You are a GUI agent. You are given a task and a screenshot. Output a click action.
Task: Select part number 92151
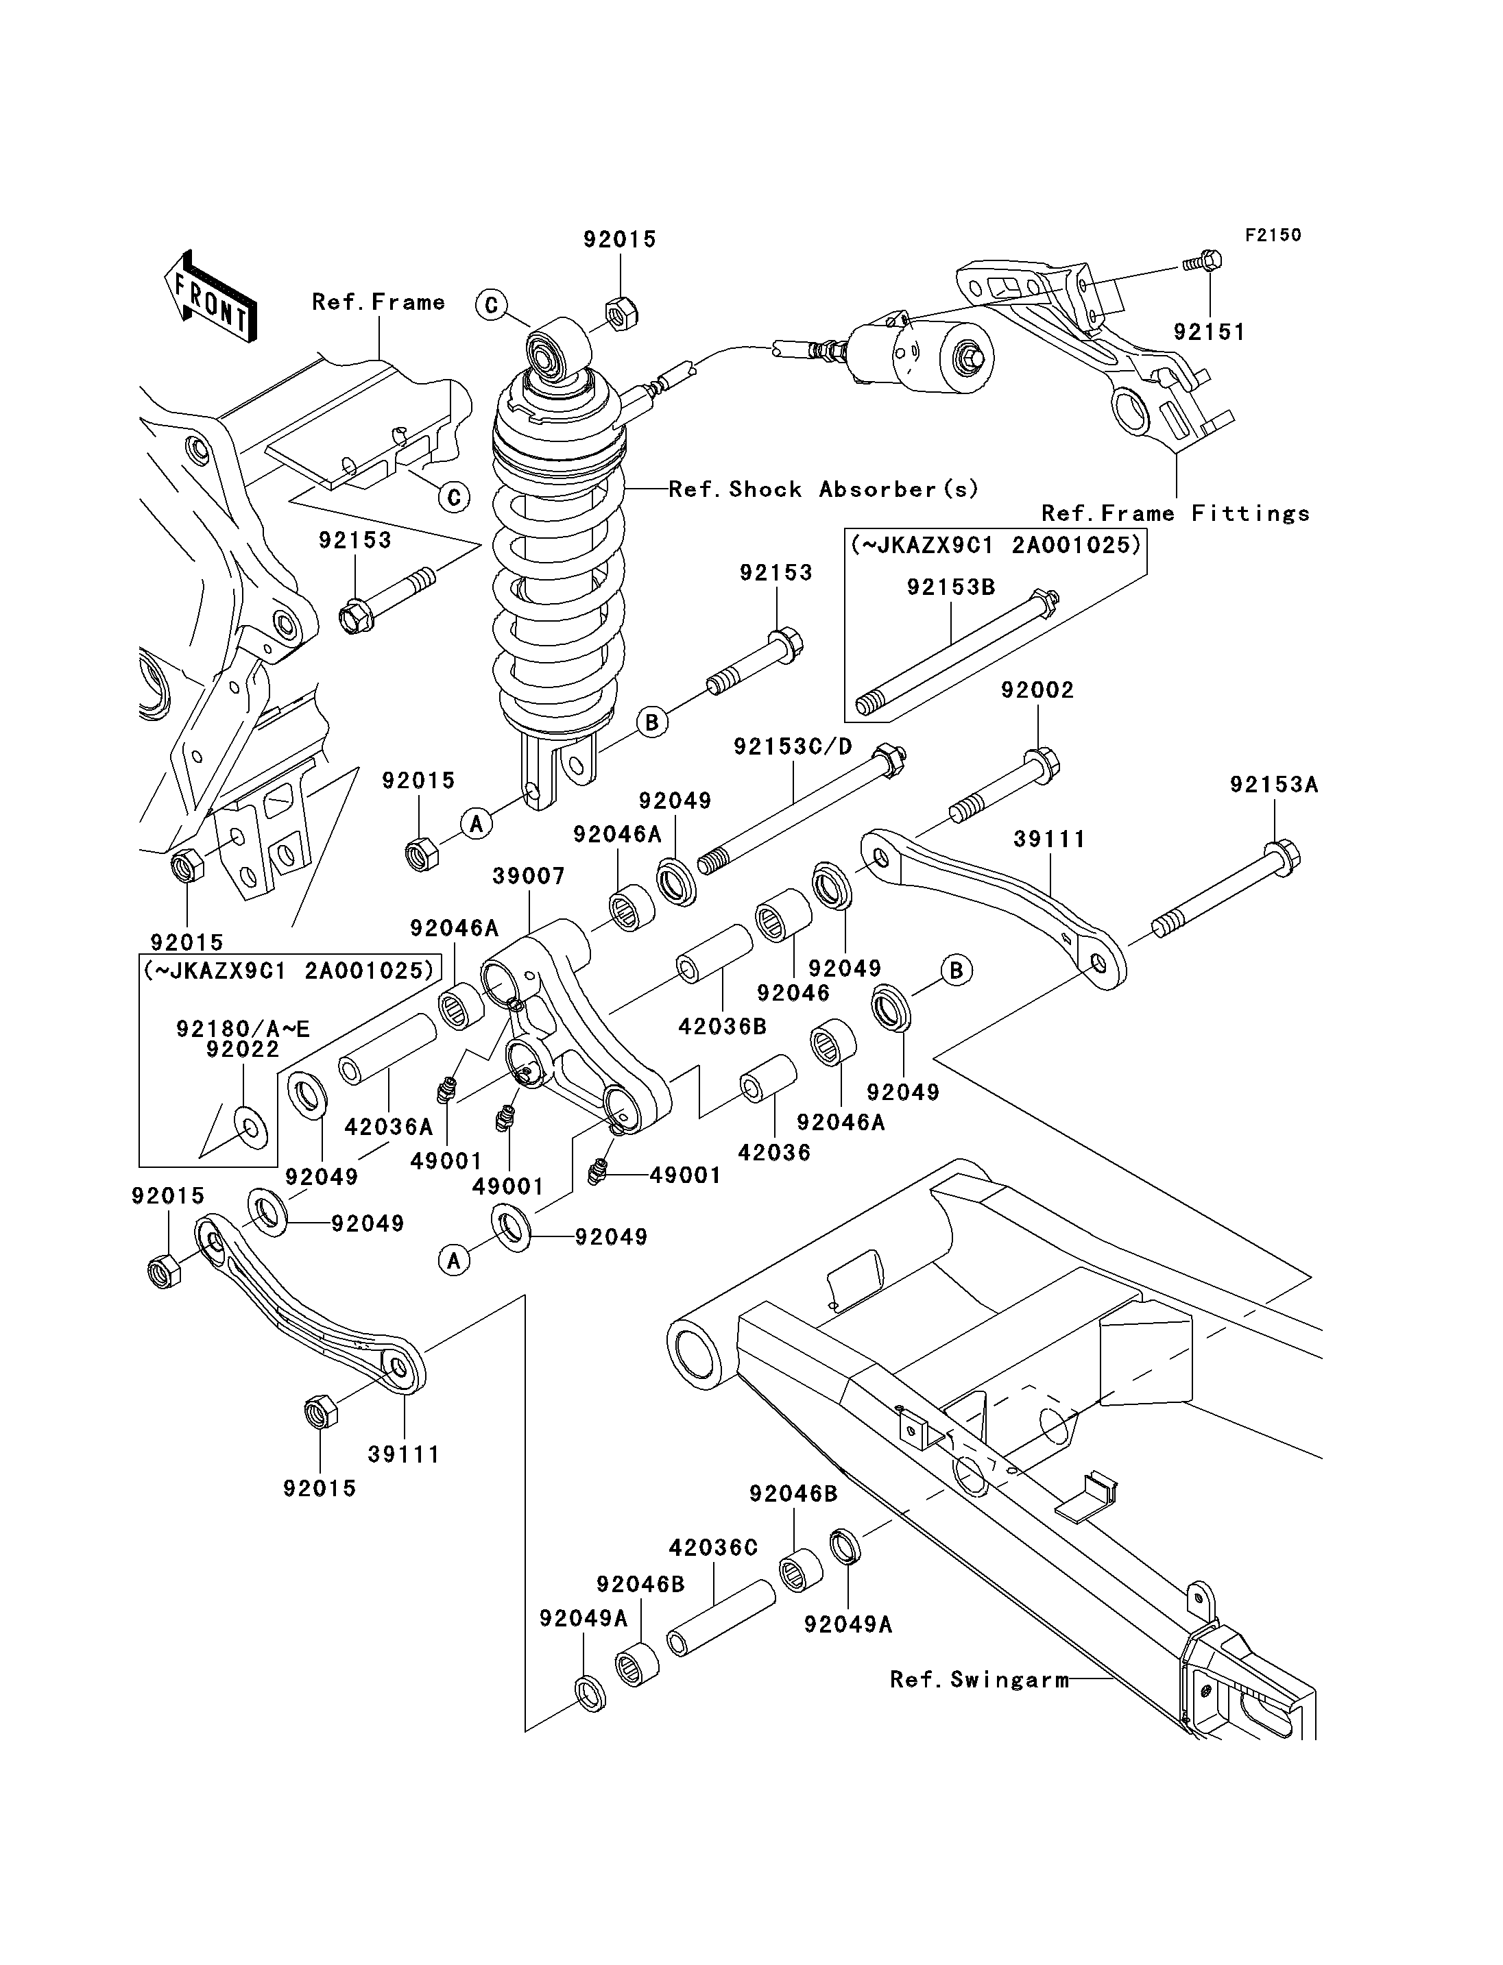point(1209,332)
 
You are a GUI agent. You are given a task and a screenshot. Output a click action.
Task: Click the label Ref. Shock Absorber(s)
point(823,489)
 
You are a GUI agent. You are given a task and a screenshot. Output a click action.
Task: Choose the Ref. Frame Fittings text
point(1175,513)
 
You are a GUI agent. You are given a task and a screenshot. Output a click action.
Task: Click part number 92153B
point(951,587)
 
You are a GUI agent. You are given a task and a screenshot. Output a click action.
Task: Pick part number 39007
point(529,876)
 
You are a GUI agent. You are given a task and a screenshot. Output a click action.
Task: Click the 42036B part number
point(722,1026)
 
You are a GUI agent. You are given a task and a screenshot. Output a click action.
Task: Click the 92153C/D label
point(793,746)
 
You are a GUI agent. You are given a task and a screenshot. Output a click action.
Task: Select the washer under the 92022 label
point(250,1128)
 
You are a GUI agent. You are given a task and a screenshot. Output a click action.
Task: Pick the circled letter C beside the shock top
point(491,305)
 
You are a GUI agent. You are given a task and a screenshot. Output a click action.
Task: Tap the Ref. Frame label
point(378,302)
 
